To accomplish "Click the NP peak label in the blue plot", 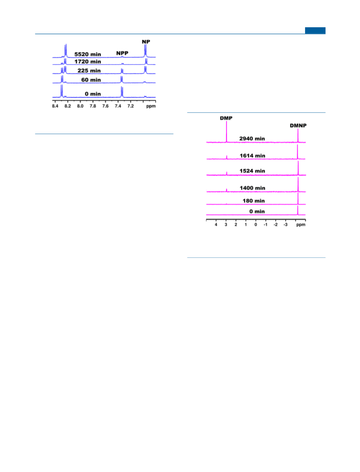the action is pyautogui.click(x=146, y=42).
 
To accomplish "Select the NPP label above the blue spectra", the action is pyautogui.click(x=122, y=53).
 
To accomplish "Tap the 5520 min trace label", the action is pyautogui.click(x=88, y=55).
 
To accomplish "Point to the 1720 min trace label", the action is pyautogui.click(x=88, y=62).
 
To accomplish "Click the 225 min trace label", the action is pyautogui.click(x=89, y=71).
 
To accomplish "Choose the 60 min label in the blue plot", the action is pyautogui.click(x=91, y=80).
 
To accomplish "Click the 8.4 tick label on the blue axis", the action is pyautogui.click(x=55, y=106).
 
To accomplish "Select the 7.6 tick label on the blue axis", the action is pyautogui.click(x=105, y=106).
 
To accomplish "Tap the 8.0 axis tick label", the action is pyautogui.click(x=80, y=106).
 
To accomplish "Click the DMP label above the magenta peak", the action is pyautogui.click(x=226, y=118).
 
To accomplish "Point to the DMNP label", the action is pyautogui.click(x=298, y=126).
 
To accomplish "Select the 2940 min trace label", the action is pyautogui.click(x=252, y=139).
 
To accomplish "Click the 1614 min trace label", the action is pyautogui.click(x=252, y=156).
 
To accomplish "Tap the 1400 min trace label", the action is pyautogui.click(x=252, y=188).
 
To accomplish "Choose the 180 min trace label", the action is pyautogui.click(x=254, y=201).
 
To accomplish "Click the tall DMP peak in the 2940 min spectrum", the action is pyautogui.click(x=226, y=132).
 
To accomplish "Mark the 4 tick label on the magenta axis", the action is pyautogui.click(x=216, y=225).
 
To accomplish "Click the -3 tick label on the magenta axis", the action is pyautogui.click(x=285, y=225).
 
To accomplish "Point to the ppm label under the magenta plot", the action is pyautogui.click(x=301, y=225).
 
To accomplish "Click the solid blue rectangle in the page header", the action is pyautogui.click(x=315, y=30).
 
